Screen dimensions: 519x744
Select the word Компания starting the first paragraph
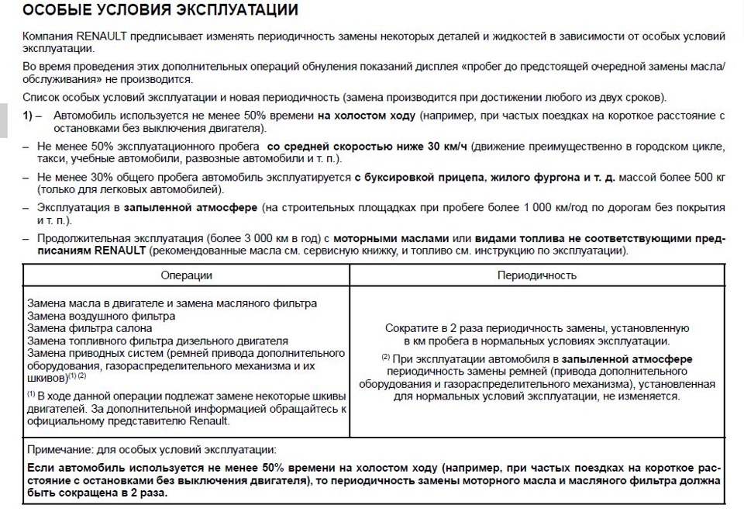point(48,37)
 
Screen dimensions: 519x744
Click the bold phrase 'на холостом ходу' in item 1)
point(366,115)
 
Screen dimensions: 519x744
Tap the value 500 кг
point(709,177)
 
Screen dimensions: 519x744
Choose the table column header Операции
point(186,275)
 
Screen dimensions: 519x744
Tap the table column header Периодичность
point(536,275)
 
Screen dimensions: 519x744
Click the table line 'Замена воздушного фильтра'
point(101,316)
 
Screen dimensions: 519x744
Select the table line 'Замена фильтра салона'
point(89,328)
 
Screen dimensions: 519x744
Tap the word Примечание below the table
point(61,450)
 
